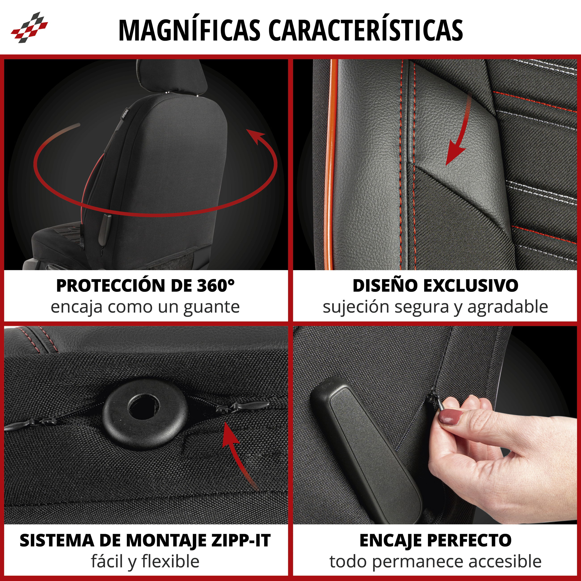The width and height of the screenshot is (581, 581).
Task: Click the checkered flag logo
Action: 29,27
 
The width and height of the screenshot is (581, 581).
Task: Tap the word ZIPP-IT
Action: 241,541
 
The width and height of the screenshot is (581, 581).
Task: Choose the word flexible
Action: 170,562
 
